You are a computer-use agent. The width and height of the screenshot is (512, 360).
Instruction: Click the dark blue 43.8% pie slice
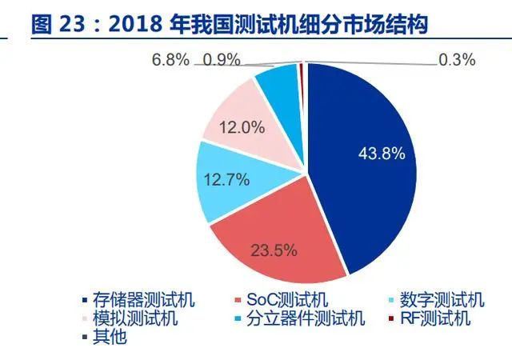[366, 163]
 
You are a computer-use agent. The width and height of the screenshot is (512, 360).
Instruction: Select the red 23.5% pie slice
[278, 242]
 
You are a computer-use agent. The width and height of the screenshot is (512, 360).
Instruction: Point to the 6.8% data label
[170, 60]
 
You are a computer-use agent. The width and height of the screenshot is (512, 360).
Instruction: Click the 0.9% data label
[222, 60]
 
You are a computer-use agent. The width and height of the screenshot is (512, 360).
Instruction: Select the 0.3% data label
[457, 60]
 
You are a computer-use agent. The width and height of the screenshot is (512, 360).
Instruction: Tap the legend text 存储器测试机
[144, 299]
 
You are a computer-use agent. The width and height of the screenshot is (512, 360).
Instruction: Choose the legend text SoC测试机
[287, 299]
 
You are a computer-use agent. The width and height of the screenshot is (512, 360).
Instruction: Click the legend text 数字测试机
[442, 299]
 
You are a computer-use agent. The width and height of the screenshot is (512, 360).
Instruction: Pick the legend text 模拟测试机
[135, 318]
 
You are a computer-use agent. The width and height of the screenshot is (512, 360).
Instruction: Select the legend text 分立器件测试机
[306, 318]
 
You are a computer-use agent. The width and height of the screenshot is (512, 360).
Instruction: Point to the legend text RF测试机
[435, 318]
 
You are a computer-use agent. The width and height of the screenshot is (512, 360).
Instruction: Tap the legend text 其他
[110, 337]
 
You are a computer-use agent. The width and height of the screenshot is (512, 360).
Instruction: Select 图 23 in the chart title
[58, 24]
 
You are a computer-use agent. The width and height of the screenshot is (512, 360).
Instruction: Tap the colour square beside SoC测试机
[238, 300]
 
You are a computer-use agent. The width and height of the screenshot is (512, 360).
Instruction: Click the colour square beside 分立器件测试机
[238, 318]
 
